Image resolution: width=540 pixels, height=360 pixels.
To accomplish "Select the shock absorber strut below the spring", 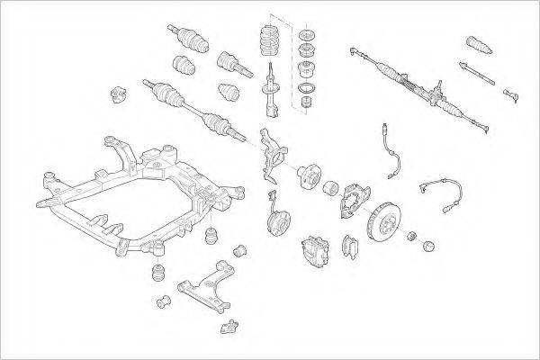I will coord(273,94).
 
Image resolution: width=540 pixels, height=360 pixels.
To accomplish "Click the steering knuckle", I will coord(275,150).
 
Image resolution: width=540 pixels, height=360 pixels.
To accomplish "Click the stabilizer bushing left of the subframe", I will coord(115,94).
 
